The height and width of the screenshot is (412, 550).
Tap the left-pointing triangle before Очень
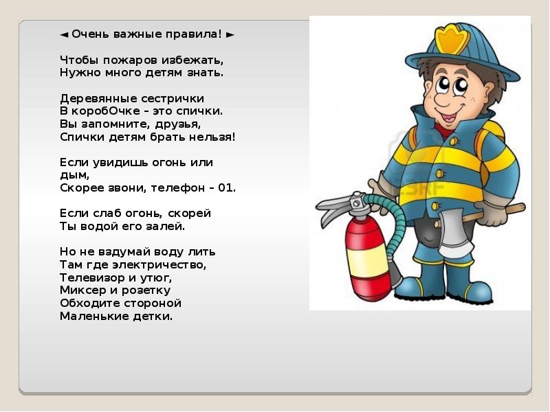click(63, 34)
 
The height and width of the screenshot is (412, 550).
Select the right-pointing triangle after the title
click(230, 34)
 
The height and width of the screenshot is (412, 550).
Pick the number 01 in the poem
click(228, 187)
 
